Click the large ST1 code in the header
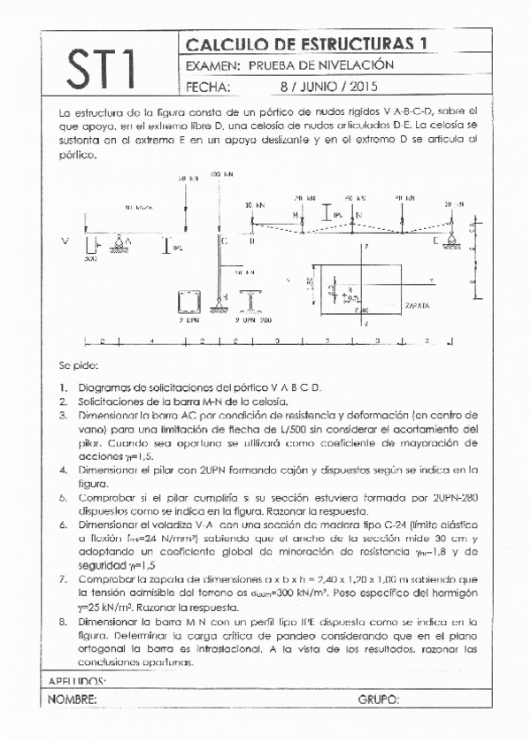[100, 67]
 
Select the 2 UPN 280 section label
[254, 322]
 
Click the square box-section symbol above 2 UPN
[189, 303]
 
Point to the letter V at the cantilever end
[64, 240]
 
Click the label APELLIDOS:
[75, 681]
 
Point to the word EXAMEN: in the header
[213, 65]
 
